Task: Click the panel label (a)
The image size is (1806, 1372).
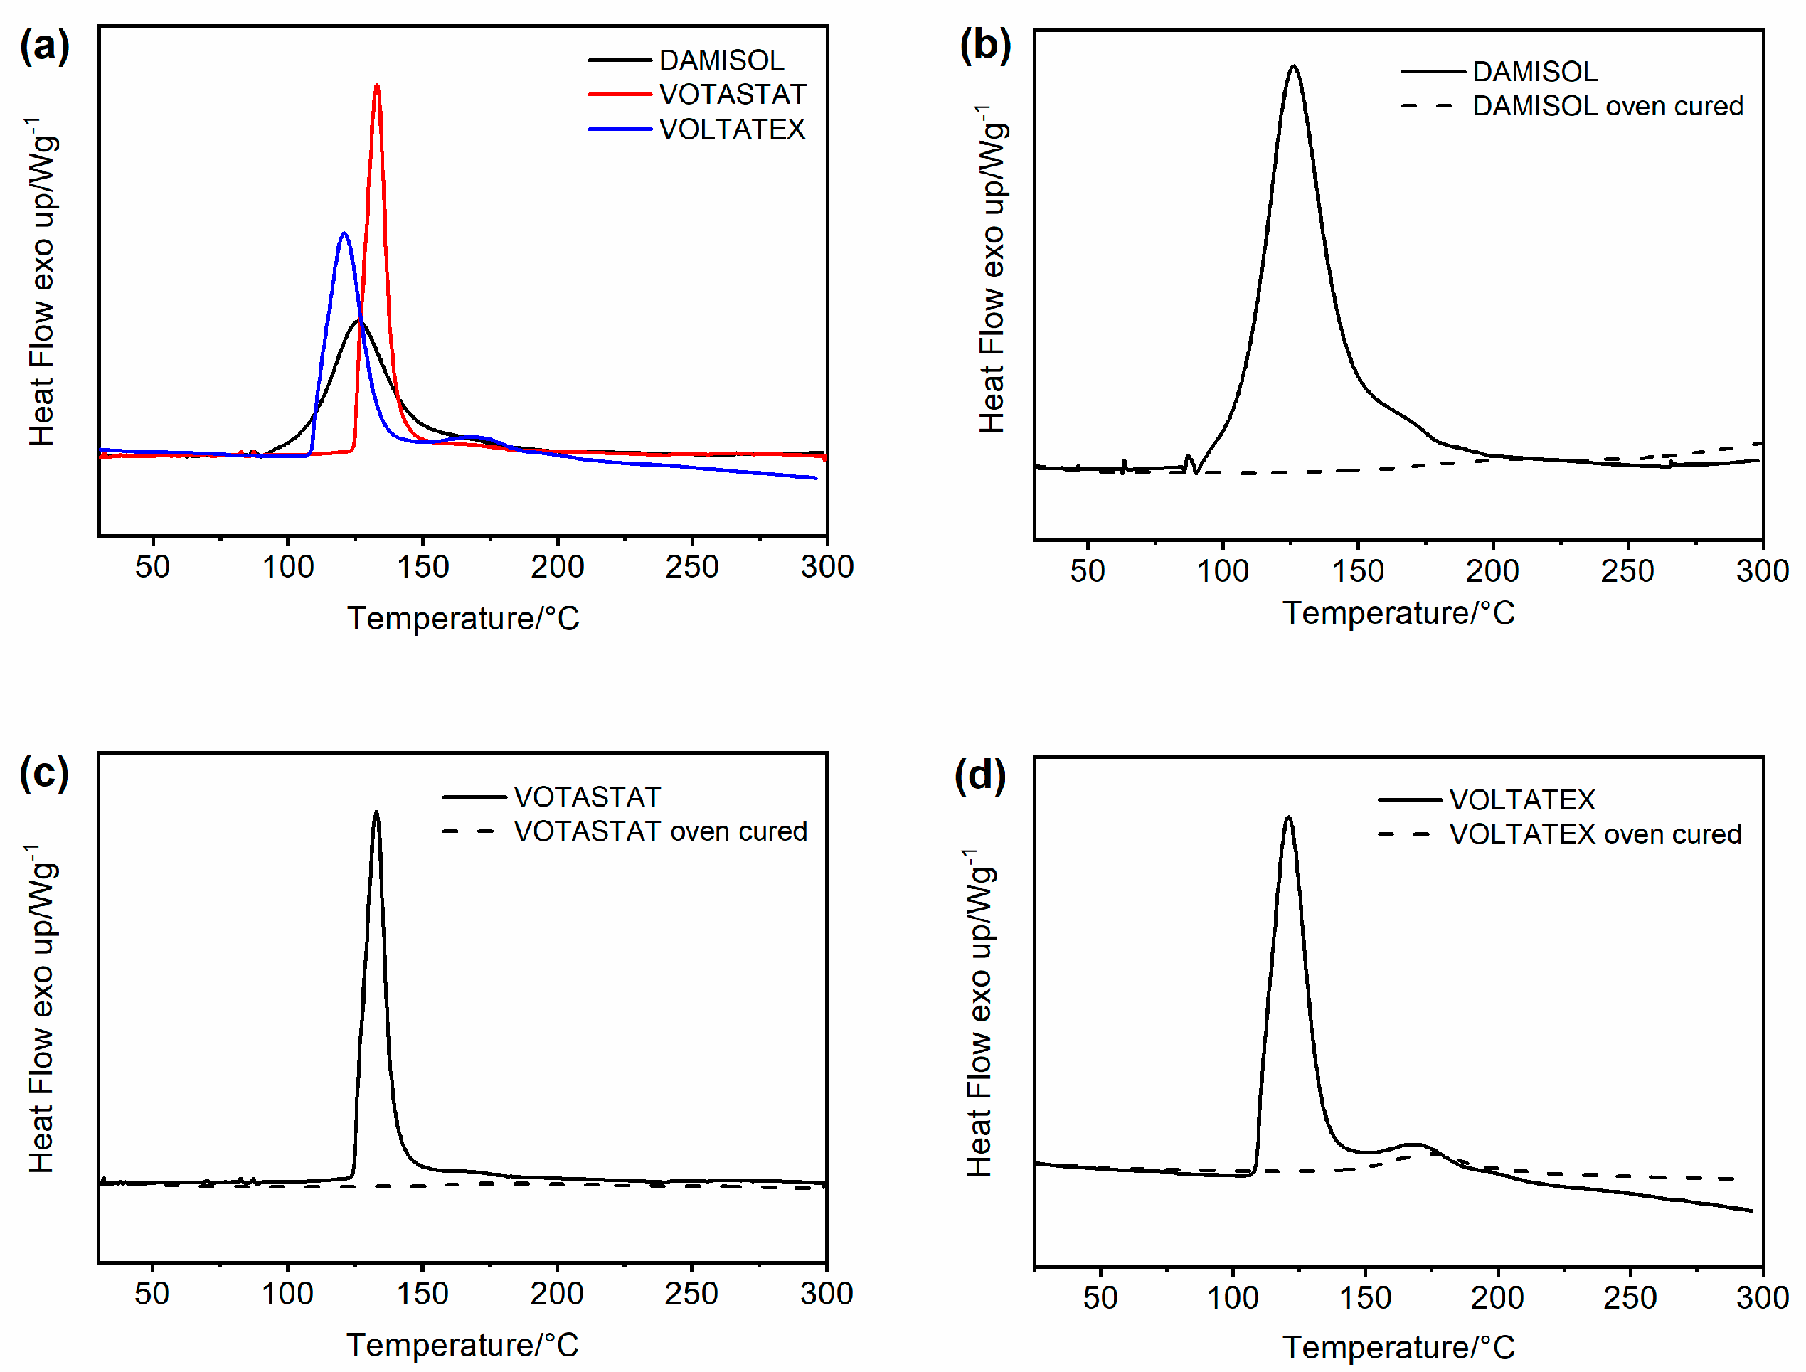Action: pyautogui.click(x=44, y=46)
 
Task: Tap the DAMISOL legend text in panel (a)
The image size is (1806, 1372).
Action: pyautogui.click(x=721, y=60)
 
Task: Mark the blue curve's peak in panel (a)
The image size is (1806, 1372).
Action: pyautogui.click(x=344, y=235)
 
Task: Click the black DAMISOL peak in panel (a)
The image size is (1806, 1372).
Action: pyautogui.click(x=358, y=321)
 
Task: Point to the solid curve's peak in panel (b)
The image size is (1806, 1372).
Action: pyautogui.click(x=1293, y=67)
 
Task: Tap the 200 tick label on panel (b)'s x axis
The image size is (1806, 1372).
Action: pyautogui.click(x=1492, y=571)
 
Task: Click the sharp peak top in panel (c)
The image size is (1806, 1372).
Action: pyautogui.click(x=376, y=812)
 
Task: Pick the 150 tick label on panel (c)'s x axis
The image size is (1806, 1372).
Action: pyautogui.click(x=423, y=1294)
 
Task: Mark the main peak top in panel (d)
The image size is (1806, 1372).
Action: pyautogui.click(x=1288, y=817)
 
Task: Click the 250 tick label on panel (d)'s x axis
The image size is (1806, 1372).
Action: pyautogui.click(x=1630, y=1298)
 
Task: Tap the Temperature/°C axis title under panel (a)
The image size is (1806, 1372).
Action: pyautogui.click(x=463, y=618)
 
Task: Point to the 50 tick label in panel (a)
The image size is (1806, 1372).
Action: pyautogui.click(x=152, y=567)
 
